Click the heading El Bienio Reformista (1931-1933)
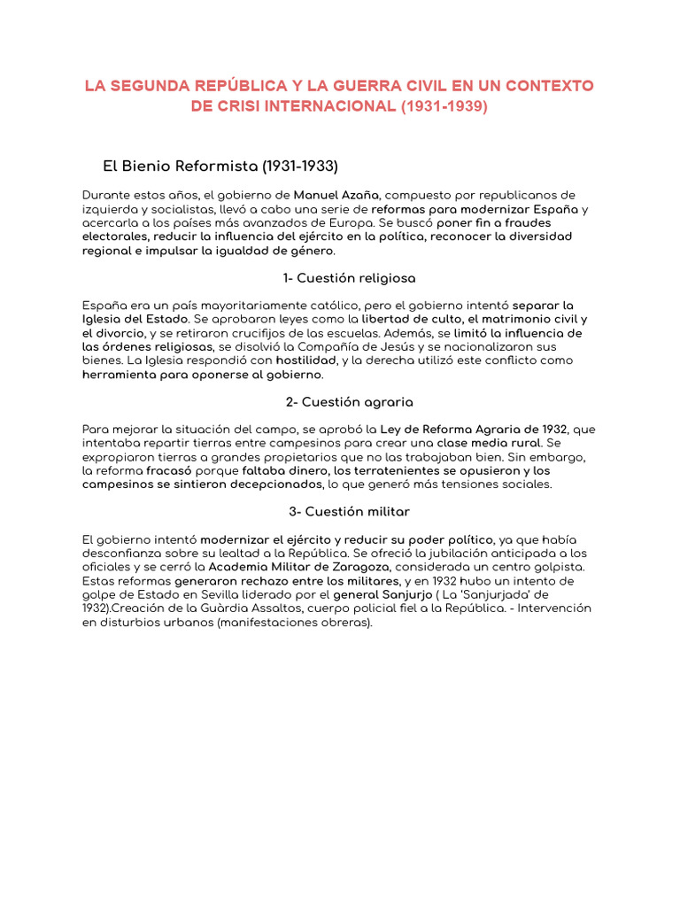coord(220,166)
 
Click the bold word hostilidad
coord(307,361)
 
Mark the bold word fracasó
coord(169,471)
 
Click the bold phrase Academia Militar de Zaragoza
coord(314,567)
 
